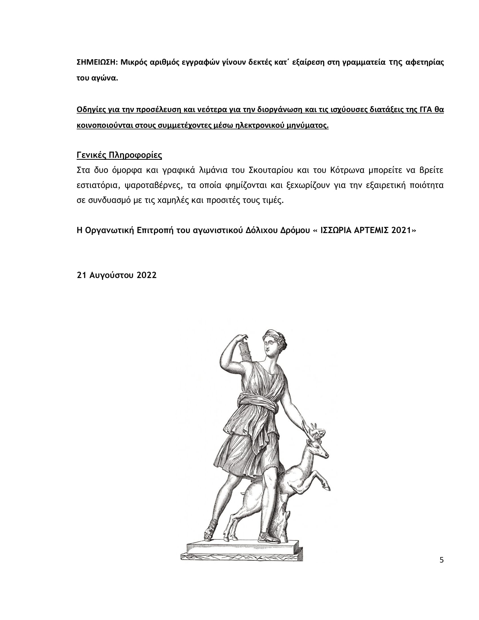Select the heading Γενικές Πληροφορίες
tap(119, 155)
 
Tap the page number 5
tap(441, 560)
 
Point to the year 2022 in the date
tap(147, 275)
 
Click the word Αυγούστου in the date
tap(112, 275)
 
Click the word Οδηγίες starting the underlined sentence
tap(91, 110)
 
